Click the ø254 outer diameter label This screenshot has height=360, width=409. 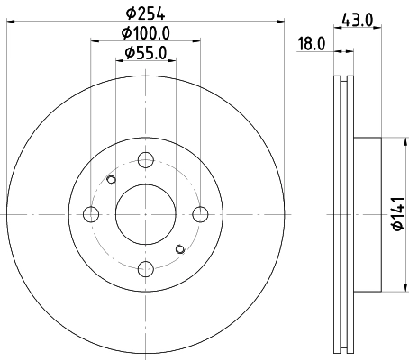pyautogui.click(x=145, y=13)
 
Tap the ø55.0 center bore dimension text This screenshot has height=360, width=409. pyautogui.click(x=146, y=52)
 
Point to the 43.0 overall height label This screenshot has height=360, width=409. pyautogui.click(x=357, y=17)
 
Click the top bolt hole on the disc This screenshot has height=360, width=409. pyautogui.click(x=145, y=160)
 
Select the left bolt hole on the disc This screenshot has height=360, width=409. pyautogui.click(x=90, y=214)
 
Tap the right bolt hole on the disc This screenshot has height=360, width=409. pyautogui.click(x=200, y=214)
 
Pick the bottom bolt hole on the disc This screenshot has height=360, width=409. pyautogui.click(x=145, y=268)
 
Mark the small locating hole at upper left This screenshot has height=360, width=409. pyautogui.click(x=111, y=180)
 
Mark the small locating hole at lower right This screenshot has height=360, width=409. pyautogui.click(x=179, y=248)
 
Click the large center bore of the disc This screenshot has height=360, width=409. pyautogui.click(x=145, y=214)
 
